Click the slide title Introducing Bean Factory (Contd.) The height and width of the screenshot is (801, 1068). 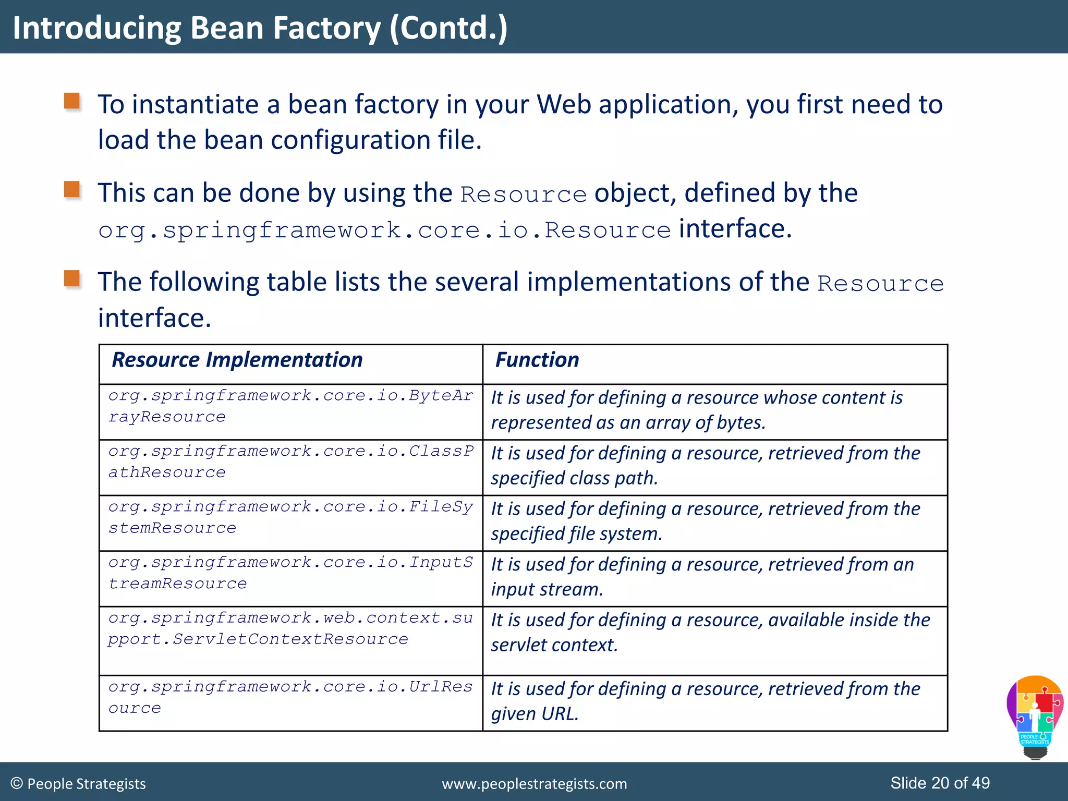point(260,28)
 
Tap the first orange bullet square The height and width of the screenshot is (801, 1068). point(72,101)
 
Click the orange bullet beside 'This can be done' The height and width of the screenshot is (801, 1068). point(72,189)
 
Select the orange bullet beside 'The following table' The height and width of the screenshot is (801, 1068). point(72,278)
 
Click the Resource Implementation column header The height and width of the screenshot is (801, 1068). point(237,360)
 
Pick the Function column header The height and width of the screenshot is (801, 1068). point(537,360)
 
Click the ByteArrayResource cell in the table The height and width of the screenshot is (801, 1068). point(290,406)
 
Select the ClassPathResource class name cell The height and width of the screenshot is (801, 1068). point(290,462)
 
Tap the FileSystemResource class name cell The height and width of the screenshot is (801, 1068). point(290,517)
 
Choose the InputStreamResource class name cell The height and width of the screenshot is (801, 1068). point(290,573)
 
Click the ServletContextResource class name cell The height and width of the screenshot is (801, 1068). point(290,629)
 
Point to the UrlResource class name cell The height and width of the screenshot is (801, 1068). point(290,697)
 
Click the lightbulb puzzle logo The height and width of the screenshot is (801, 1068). point(1035,717)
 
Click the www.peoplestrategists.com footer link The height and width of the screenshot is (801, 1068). point(535,784)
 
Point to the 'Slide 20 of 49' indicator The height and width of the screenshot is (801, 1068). point(940,783)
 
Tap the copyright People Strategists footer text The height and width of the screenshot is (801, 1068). point(78,784)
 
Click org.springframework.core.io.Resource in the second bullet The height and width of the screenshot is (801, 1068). point(384,230)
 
